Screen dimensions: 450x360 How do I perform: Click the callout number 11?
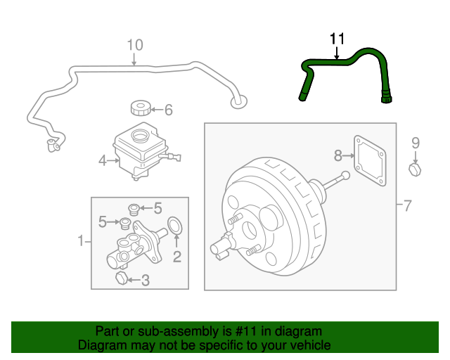tap(337, 39)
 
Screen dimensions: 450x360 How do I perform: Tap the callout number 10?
tap(135, 45)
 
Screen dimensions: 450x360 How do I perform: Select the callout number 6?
tap(169, 110)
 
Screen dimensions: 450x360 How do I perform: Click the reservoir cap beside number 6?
tap(141, 108)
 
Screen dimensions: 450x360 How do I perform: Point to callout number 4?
tap(103, 161)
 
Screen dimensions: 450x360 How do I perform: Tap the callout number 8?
tap(338, 155)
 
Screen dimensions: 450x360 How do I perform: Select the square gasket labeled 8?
tap(370, 161)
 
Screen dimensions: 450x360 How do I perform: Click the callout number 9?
tap(416, 143)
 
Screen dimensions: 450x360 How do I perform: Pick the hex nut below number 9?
tap(415, 170)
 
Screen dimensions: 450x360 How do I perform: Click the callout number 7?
tap(408, 205)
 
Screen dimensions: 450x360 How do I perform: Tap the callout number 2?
tap(177, 257)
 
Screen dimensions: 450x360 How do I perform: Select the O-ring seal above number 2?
tap(174, 226)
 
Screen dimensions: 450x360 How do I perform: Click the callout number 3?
tap(146, 280)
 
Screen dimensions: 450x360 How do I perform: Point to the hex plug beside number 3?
tap(122, 278)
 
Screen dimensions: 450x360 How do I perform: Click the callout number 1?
tap(81, 240)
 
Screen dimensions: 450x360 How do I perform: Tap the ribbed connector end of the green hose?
tap(387, 96)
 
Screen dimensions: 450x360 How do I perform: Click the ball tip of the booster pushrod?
tap(346, 175)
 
